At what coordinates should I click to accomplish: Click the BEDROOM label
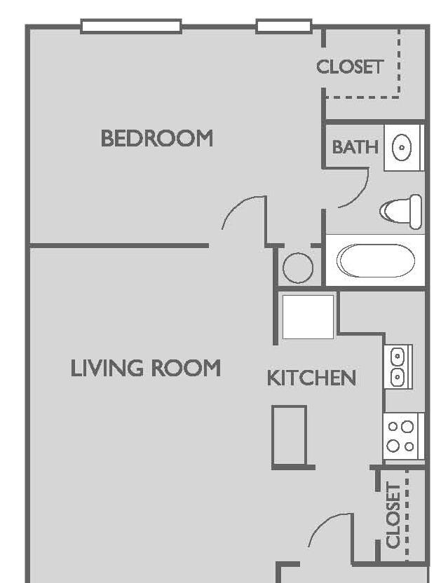(x=156, y=138)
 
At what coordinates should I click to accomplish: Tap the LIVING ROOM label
(x=146, y=368)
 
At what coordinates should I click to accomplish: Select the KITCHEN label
(x=311, y=378)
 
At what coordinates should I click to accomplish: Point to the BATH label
(x=355, y=147)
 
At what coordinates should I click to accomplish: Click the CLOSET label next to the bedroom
(x=349, y=67)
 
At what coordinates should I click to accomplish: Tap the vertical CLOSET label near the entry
(x=393, y=515)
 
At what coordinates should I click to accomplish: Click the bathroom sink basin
(x=402, y=148)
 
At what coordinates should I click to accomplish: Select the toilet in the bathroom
(x=401, y=211)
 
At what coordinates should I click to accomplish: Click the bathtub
(x=376, y=260)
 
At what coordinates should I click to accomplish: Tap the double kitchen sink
(x=398, y=366)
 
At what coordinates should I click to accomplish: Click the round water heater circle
(x=298, y=268)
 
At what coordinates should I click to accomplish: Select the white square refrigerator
(x=308, y=317)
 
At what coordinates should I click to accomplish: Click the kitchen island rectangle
(x=290, y=436)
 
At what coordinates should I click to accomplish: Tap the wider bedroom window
(x=131, y=27)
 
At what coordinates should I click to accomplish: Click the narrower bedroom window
(x=284, y=27)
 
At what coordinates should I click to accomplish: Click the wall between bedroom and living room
(x=119, y=245)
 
